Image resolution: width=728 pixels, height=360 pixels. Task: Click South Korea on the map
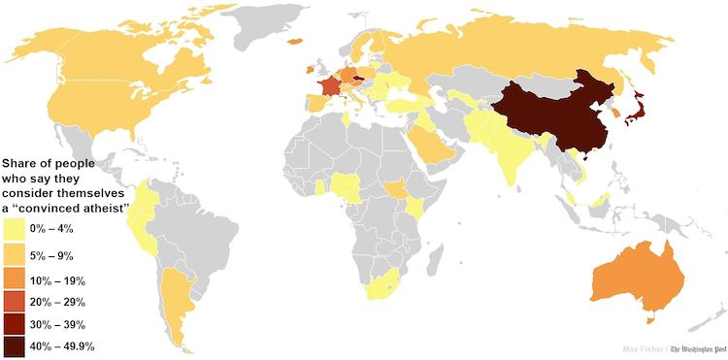pyautogui.click(x=617, y=114)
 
